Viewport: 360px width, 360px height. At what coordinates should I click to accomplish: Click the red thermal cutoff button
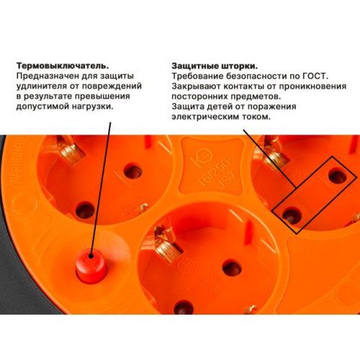[91, 266]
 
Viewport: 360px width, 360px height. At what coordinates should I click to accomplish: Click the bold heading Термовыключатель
[63, 66]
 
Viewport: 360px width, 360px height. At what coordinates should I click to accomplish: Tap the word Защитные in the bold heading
[194, 66]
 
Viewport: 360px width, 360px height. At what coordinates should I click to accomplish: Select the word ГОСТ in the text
[315, 76]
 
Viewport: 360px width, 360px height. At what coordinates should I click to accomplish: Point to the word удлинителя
[42, 86]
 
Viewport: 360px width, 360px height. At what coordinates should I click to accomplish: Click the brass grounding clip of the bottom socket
[165, 245]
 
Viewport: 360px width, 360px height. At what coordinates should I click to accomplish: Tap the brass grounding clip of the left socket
[71, 149]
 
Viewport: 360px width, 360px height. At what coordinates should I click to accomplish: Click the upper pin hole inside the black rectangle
[338, 175]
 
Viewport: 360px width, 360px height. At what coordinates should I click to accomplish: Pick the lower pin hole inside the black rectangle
[291, 215]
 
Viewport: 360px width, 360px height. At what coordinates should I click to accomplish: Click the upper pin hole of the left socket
[132, 171]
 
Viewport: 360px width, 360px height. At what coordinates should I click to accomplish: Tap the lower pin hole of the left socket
[85, 210]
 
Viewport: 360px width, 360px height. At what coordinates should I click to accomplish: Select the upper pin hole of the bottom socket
[232, 267]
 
